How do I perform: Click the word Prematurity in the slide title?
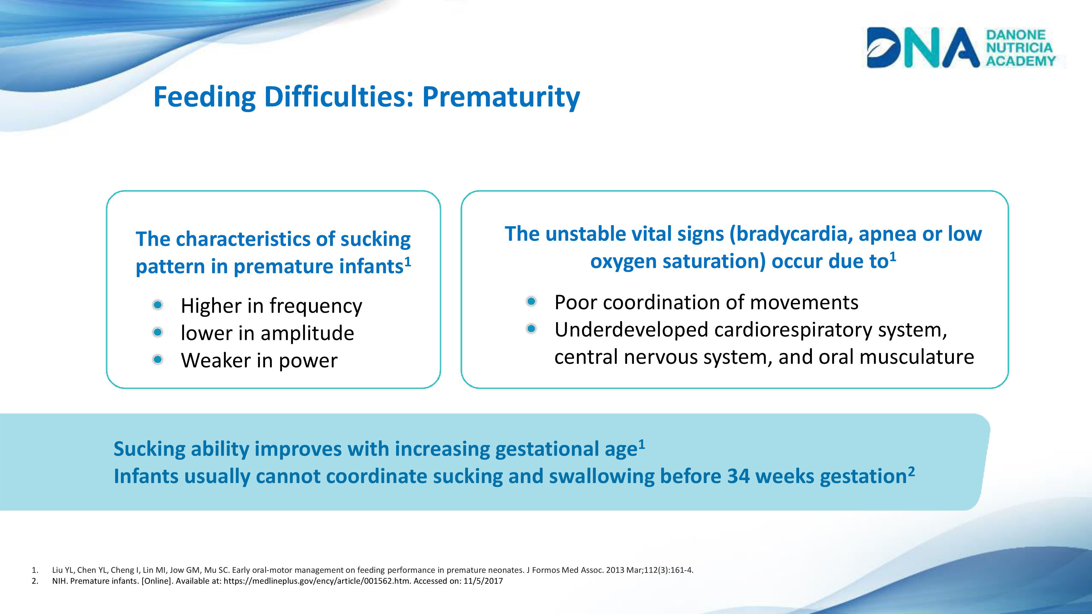501,97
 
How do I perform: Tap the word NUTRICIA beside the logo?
1019,47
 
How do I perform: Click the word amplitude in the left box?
307,333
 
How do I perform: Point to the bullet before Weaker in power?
158,360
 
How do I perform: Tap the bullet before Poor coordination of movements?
531,301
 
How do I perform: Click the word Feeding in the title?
204,97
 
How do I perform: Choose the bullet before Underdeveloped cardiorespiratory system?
531,329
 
